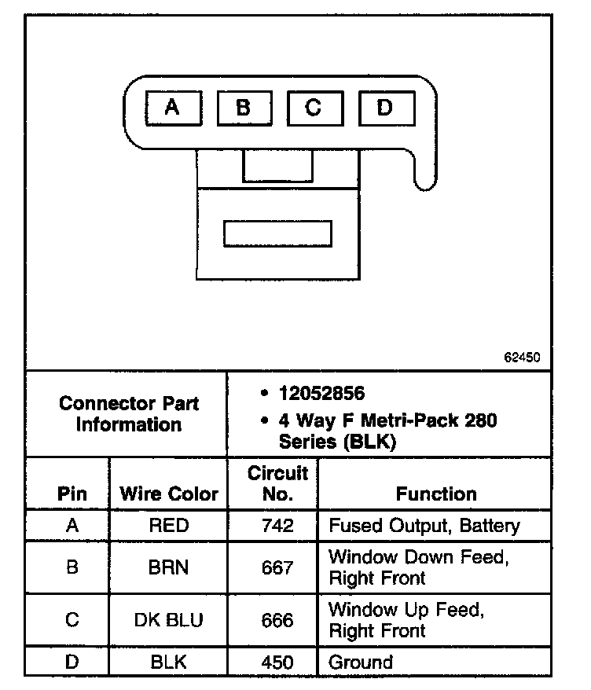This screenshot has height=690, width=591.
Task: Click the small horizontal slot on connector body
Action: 277,233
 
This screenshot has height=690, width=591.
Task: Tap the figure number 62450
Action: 522,357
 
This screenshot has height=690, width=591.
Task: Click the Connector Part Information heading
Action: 128,414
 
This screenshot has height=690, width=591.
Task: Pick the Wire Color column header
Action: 168,494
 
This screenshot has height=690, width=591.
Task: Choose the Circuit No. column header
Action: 277,484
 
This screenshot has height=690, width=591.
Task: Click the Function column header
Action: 436,494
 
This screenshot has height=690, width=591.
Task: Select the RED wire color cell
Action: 168,525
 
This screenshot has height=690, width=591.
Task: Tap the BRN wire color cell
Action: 168,567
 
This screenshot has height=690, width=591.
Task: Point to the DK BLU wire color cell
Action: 168,620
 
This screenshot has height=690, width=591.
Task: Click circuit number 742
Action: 277,525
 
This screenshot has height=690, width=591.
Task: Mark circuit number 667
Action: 277,567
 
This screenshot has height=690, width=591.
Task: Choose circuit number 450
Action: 277,662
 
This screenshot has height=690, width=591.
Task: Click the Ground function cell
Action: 361,662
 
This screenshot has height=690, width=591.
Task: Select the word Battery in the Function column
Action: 489,525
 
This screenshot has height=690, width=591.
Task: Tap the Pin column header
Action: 72,494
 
